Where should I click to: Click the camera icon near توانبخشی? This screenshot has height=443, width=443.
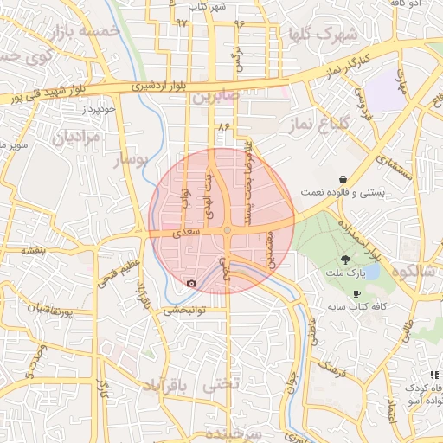click(190, 283)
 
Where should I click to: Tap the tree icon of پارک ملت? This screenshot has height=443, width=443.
click(345, 259)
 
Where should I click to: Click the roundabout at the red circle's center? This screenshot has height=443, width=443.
click(227, 230)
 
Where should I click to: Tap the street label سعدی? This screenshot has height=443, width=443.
click(187, 233)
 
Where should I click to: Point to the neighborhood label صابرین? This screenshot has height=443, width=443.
click(215, 98)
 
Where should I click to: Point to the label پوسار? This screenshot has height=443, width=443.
click(132, 161)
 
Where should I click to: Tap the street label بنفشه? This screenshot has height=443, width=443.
click(32, 249)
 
